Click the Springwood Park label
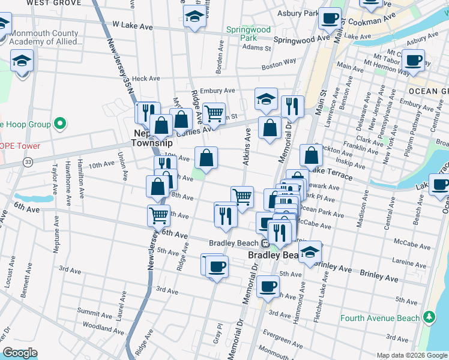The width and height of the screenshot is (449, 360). (x=248, y=33)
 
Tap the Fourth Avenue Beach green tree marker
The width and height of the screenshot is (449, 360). (x=429, y=317)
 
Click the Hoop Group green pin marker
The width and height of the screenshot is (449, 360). (x=59, y=124)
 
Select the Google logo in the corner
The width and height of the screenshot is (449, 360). (x=20, y=353)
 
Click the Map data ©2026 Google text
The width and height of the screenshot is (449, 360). (x=411, y=355)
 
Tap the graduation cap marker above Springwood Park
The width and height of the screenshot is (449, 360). (x=194, y=19)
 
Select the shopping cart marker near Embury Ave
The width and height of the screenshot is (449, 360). (x=214, y=113)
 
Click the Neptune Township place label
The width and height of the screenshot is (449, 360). (x=152, y=137)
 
